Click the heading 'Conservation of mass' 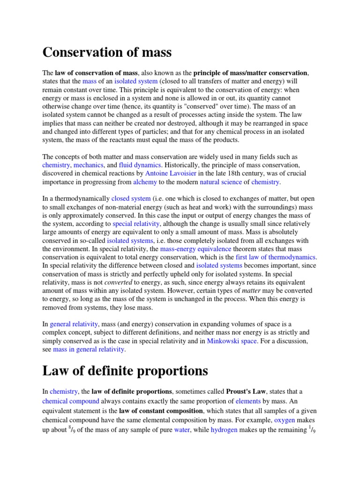pos(107,52)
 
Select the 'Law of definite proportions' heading pos(125,371)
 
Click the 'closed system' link pos(131,199)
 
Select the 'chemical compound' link pos(71,401)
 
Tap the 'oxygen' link pos(285,421)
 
